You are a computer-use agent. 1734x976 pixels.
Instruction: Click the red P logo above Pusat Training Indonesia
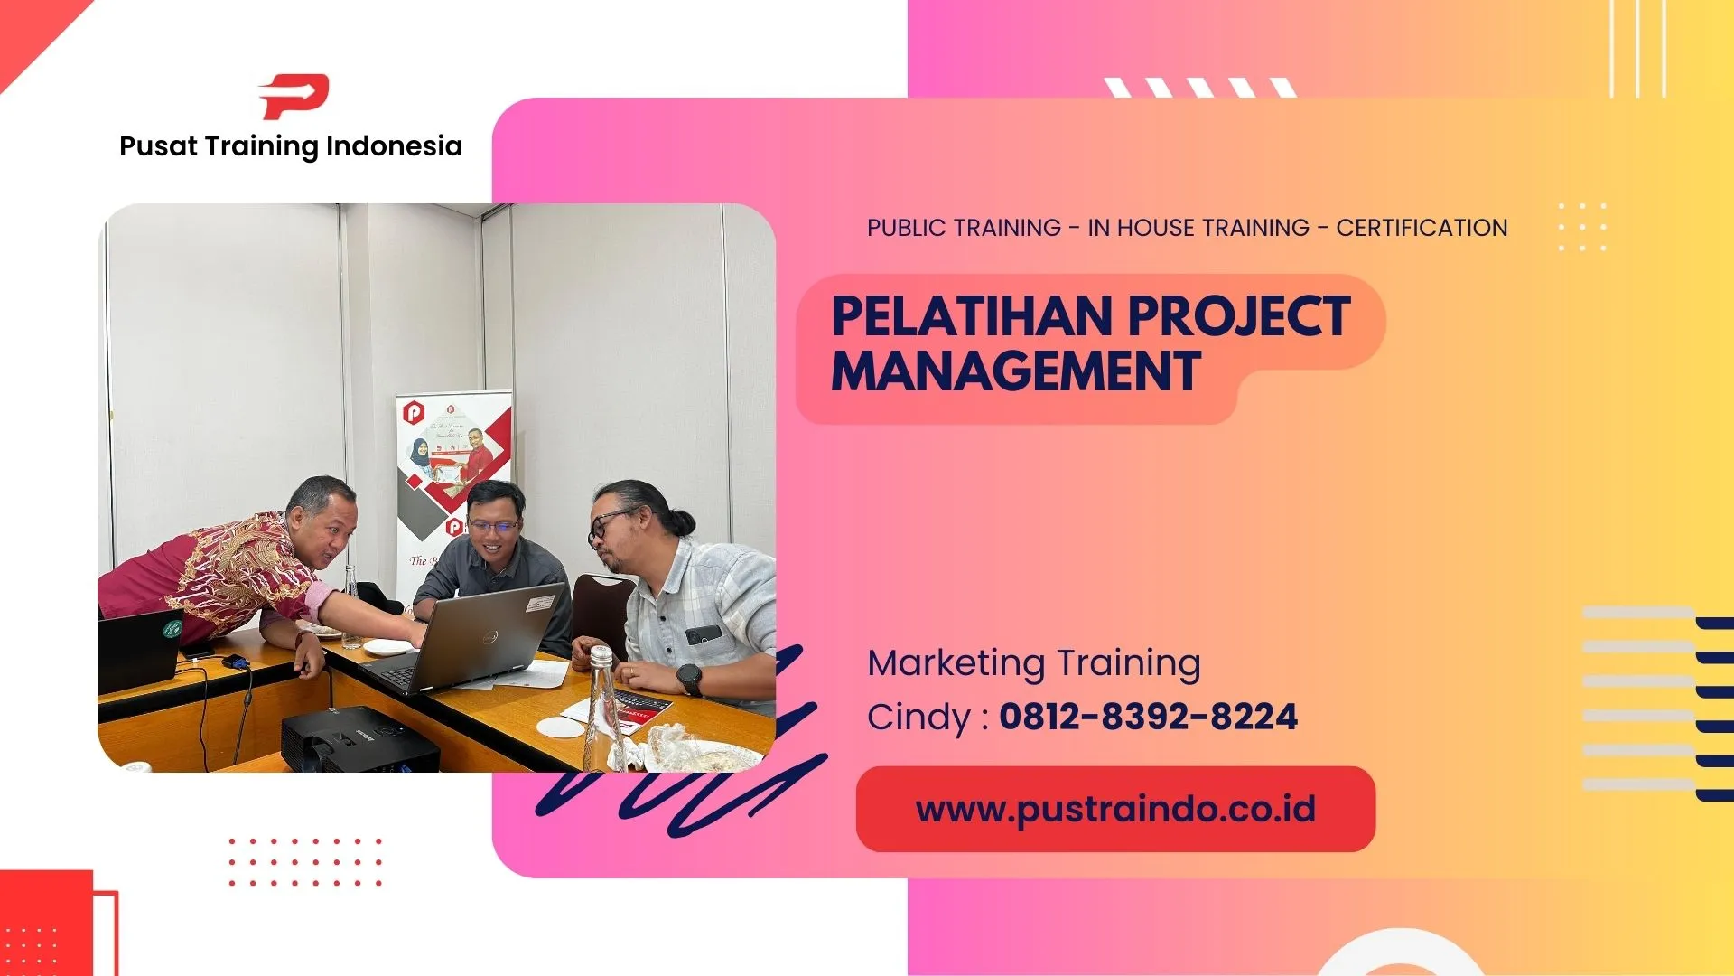(294, 97)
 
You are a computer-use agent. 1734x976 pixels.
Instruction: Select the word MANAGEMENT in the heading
(1016, 371)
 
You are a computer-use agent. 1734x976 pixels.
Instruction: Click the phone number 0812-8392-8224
(1148, 718)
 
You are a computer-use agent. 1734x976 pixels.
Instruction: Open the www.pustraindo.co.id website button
(1115, 809)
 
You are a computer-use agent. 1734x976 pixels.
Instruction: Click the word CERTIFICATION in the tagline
(1422, 228)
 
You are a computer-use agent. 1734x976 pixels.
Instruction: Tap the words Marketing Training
(1034, 663)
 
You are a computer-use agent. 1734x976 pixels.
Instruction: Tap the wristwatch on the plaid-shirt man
(689, 679)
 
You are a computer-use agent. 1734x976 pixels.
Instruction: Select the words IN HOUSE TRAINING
(1198, 228)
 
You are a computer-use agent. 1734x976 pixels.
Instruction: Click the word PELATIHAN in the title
(971, 317)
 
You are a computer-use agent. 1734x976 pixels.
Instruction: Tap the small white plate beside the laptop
(387, 647)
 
